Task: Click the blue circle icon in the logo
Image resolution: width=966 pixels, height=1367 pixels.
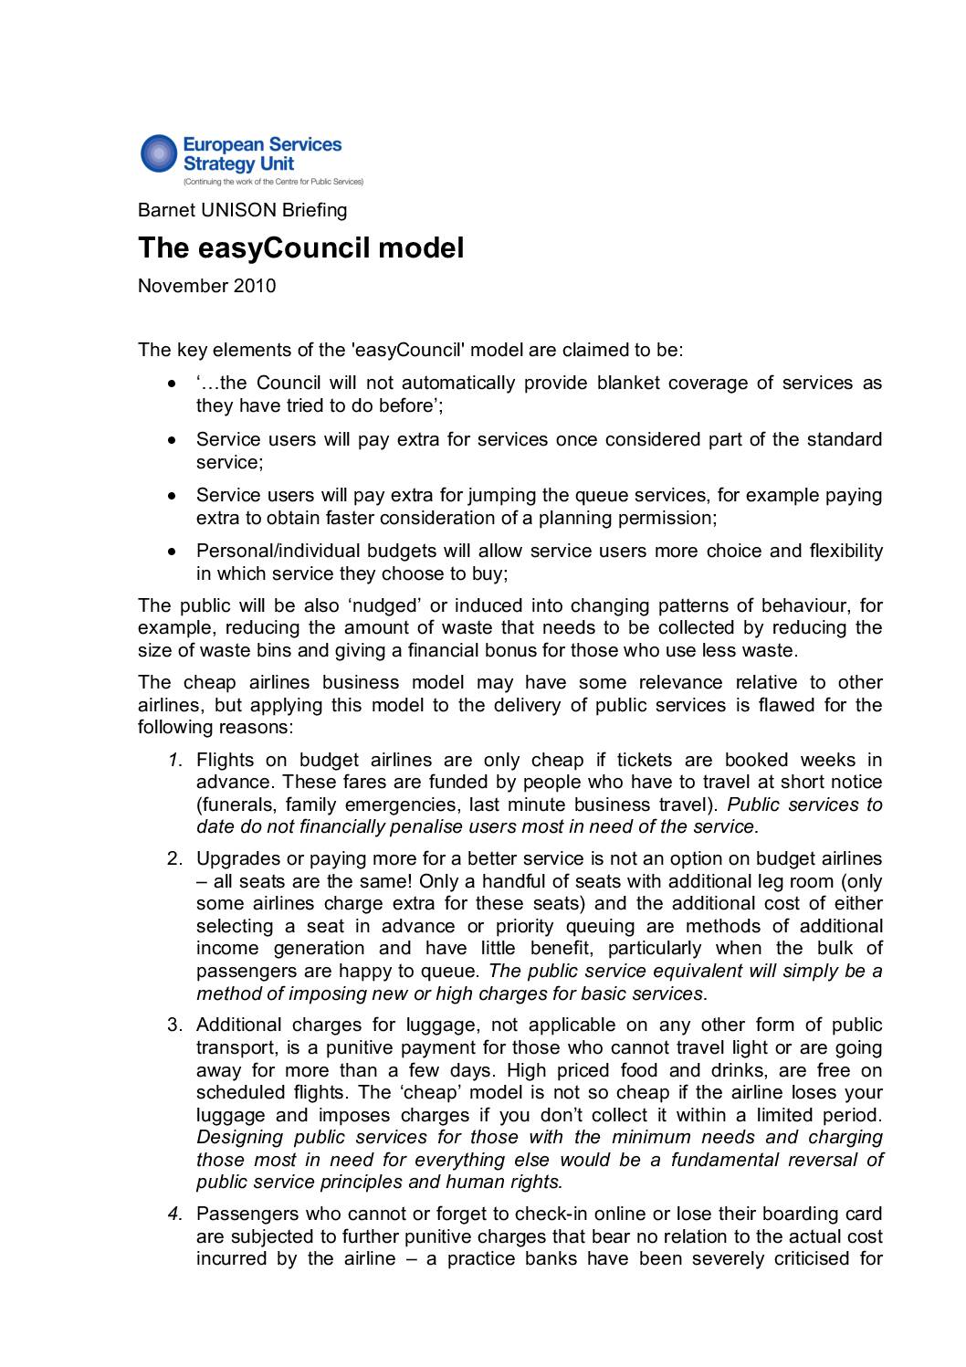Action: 159,153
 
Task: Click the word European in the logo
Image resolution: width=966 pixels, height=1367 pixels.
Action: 219,144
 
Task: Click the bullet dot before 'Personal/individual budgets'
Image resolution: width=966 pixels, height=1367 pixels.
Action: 172,552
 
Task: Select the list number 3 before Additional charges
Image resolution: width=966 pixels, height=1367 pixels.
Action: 175,1025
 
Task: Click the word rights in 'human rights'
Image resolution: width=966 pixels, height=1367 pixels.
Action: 535,1183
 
